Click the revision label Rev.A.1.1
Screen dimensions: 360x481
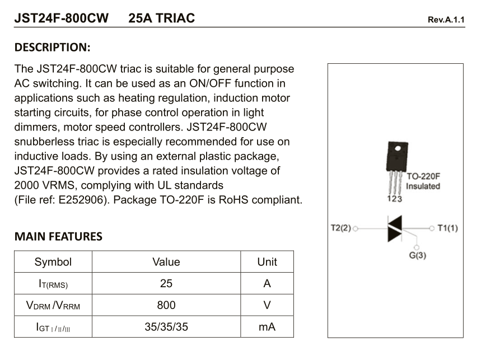446,20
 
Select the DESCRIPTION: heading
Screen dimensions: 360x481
53,47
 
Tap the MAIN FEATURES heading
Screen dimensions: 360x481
58,237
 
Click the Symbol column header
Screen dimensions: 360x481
53,262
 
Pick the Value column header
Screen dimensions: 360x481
166,262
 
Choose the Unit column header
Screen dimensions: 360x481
267,262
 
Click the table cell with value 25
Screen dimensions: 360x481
166,284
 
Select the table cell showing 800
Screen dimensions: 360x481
166,305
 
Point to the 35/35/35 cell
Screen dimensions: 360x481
166,327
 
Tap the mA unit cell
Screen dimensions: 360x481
267,327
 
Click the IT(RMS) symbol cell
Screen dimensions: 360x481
53,284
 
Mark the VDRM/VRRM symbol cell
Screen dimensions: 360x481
53,306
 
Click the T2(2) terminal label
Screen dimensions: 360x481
342,228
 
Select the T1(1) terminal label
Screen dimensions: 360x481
447,228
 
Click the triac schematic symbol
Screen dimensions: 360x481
395,228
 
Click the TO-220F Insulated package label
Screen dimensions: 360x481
423,181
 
